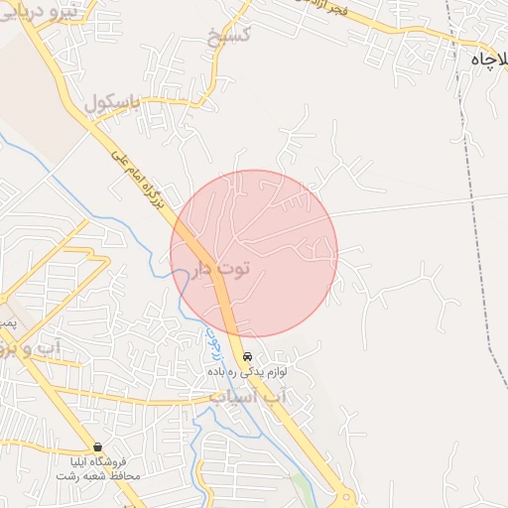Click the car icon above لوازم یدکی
click(x=247, y=356)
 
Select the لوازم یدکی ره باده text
click(x=247, y=371)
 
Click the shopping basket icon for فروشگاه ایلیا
click(x=97, y=446)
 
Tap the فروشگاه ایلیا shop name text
click(x=98, y=461)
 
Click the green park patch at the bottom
click(x=300, y=486)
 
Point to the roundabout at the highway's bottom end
click(x=344, y=497)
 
